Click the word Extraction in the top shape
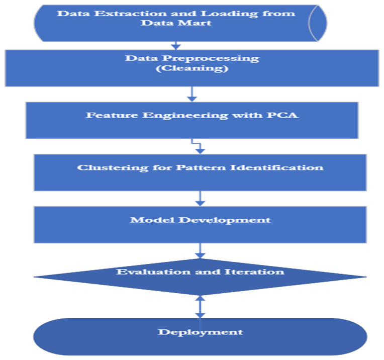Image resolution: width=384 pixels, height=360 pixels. (112, 13)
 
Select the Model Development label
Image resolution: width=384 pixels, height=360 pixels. (200, 220)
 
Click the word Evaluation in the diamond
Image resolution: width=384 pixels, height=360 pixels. (146, 272)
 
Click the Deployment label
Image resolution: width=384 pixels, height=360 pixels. (200, 332)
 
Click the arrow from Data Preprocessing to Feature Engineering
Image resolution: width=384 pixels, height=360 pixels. (191, 94)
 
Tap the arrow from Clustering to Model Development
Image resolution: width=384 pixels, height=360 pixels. (200, 198)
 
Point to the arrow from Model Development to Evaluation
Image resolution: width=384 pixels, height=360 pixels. (201, 250)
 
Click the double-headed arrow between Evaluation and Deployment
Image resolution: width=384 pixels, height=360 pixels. (200, 307)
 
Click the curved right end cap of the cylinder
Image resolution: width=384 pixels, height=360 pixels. (318, 23)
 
